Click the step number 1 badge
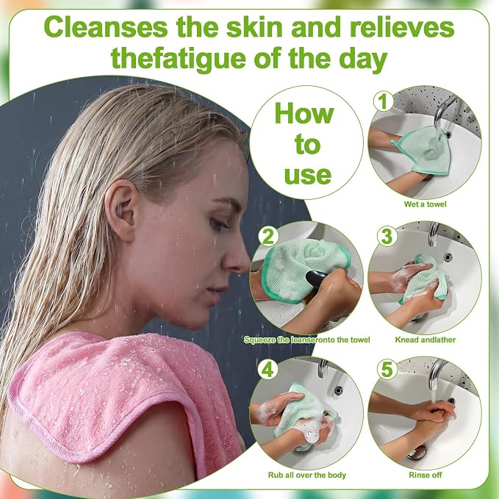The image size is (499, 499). click(383, 101)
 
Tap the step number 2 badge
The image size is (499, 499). click(268, 237)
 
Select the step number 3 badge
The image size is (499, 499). click(387, 237)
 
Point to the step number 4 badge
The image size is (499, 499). click(268, 370)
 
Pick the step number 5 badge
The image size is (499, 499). click(387, 370)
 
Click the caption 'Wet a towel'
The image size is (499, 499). click(426, 204)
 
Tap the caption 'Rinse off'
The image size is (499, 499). click(426, 475)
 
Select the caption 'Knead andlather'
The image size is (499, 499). click(426, 340)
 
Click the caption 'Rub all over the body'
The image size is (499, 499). click(306, 475)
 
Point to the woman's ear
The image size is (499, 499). click(123, 209)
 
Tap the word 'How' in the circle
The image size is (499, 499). click(304, 114)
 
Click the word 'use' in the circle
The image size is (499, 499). click(307, 175)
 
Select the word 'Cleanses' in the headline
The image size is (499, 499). click(106, 28)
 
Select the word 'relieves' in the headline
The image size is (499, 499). click(402, 27)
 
